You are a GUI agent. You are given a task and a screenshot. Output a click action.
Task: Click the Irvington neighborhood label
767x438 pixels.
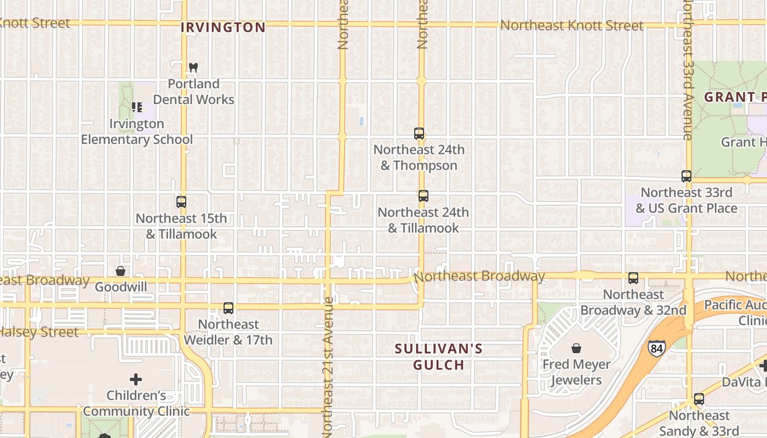click(x=223, y=27)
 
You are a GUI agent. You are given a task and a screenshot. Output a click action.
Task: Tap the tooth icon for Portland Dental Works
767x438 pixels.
click(x=193, y=68)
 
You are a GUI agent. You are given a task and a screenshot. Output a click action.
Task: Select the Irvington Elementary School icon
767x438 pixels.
click(x=137, y=107)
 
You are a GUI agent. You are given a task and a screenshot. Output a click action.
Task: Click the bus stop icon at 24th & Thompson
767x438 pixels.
click(x=419, y=134)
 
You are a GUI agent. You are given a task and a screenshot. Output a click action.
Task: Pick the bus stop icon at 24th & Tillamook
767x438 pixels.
click(x=423, y=196)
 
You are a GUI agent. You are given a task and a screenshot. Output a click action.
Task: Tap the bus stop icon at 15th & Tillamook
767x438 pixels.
click(x=181, y=202)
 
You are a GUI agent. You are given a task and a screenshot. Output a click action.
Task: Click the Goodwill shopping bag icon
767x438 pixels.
click(x=121, y=271)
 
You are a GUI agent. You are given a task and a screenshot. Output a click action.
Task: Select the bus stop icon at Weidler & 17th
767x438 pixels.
click(x=228, y=308)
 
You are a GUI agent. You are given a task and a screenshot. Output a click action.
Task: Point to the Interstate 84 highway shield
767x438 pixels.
click(x=656, y=348)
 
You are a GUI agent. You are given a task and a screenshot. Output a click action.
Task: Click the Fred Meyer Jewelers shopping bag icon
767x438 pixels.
click(x=576, y=348)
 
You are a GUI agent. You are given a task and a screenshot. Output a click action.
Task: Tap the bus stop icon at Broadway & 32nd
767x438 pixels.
click(x=633, y=278)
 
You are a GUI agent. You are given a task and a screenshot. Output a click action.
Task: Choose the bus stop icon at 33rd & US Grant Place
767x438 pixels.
click(x=686, y=176)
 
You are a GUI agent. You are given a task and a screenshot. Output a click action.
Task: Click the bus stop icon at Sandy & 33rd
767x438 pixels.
click(x=699, y=399)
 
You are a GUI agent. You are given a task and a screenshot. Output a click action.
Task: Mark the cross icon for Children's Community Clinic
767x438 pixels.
click(x=136, y=379)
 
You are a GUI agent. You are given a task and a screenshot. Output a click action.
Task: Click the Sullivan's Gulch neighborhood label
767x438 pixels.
click(x=439, y=356)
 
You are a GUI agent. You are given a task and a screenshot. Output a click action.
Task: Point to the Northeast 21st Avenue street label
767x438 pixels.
click(x=327, y=367)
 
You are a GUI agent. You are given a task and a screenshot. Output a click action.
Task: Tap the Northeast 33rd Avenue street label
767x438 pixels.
click(x=688, y=71)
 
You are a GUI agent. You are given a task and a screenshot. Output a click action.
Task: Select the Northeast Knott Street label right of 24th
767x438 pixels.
click(x=571, y=26)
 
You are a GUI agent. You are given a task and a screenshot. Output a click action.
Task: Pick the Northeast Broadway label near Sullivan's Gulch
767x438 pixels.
click(x=479, y=276)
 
